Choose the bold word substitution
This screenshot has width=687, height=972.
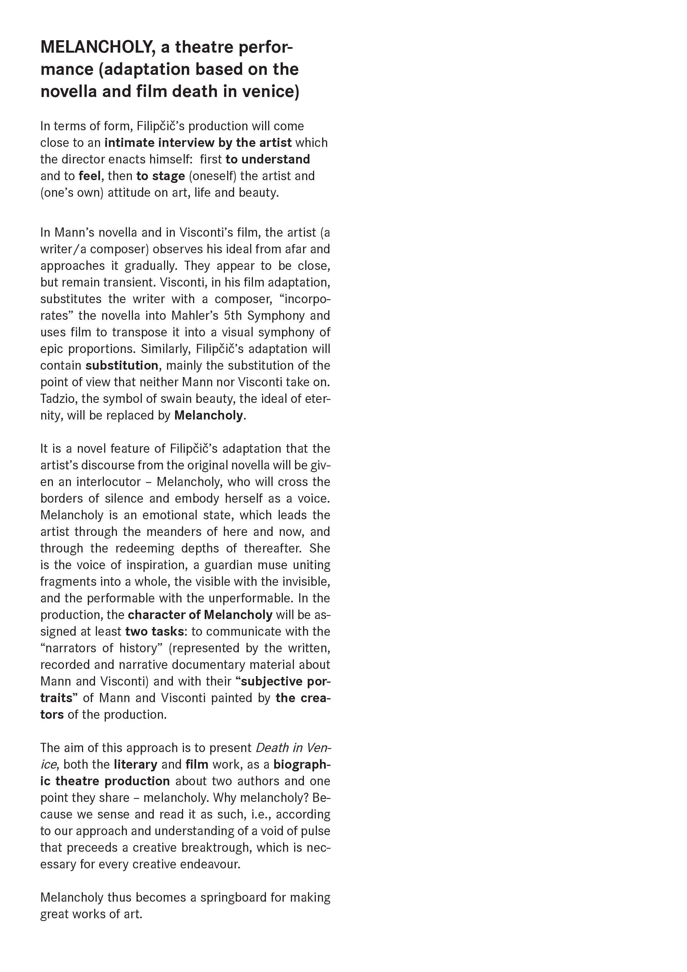(x=122, y=365)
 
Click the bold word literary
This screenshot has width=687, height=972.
(x=135, y=764)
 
